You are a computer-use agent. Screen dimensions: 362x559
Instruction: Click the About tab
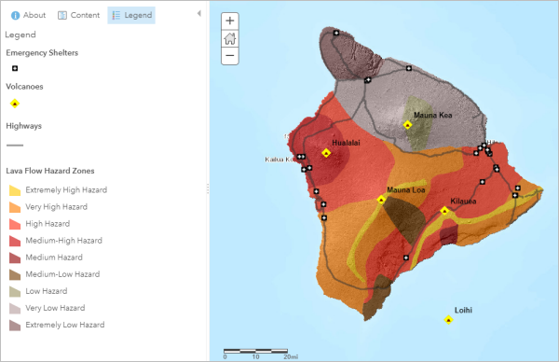[x=28, y=15]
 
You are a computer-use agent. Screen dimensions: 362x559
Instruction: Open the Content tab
[x=78, y=15]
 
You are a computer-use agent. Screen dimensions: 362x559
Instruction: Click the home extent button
[x=230, y=38]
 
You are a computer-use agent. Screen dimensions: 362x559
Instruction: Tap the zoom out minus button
[x=230, y=56]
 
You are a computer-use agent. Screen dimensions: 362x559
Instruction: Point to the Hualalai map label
[x=345, y=143]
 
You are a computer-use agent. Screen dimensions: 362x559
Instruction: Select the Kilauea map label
[x=463, y=201]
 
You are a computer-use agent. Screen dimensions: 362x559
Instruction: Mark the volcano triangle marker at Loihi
[x=449, y=320]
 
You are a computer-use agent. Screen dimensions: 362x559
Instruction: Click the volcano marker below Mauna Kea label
[x=407, y=124]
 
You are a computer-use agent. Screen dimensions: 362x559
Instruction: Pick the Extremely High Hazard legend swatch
[x=15, y=190]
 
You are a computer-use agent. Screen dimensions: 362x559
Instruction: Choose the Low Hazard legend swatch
[x=15, y=291]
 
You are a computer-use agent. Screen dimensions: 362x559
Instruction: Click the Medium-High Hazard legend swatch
[x=15, y=241]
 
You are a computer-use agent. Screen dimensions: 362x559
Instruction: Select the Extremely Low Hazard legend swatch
[x=15, y=325]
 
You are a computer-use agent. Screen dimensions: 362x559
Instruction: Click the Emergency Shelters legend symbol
[x=15, y=68]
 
